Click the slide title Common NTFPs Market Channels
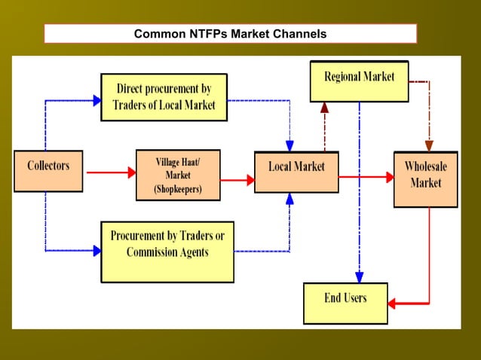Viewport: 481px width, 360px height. pyautogui.click(x=230, y=34)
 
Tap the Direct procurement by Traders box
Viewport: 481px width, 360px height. pyautogui.click(x=166, y=96)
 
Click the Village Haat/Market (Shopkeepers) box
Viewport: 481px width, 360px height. pyautogui.click(x=178, y=175)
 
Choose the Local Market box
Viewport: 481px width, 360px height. pyautogui.click(x=296, y=172)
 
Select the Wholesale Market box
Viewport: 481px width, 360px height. pyautogui.click(x=425, y=179)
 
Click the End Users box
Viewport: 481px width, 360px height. pyautogui.click(x=345, y=303)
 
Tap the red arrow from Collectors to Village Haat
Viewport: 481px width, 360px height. pyautogui.click(x=110, y=172)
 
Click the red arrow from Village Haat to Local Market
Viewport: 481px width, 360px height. pyautogui.click(x=237, y=180)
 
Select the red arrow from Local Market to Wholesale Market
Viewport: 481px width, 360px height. pyautogui.click(x=366, y=177)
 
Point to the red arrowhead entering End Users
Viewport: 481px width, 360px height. pyautogui.click(x=393, y=304)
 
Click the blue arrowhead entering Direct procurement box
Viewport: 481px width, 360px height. pyautogui.click(x=97, y=99)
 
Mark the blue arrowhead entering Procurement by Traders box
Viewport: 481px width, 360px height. pyautogui.click(x=97, y=251)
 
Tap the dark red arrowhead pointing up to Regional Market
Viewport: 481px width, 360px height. pyautogui.click(x=324, y=107)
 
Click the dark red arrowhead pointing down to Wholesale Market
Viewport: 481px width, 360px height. pyautogui.click(x=429, y=145)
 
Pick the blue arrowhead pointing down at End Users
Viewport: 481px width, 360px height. pyautogui.click(x=360, y=276)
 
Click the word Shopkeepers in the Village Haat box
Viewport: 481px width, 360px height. pyautogui.click(x=178, y=189)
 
